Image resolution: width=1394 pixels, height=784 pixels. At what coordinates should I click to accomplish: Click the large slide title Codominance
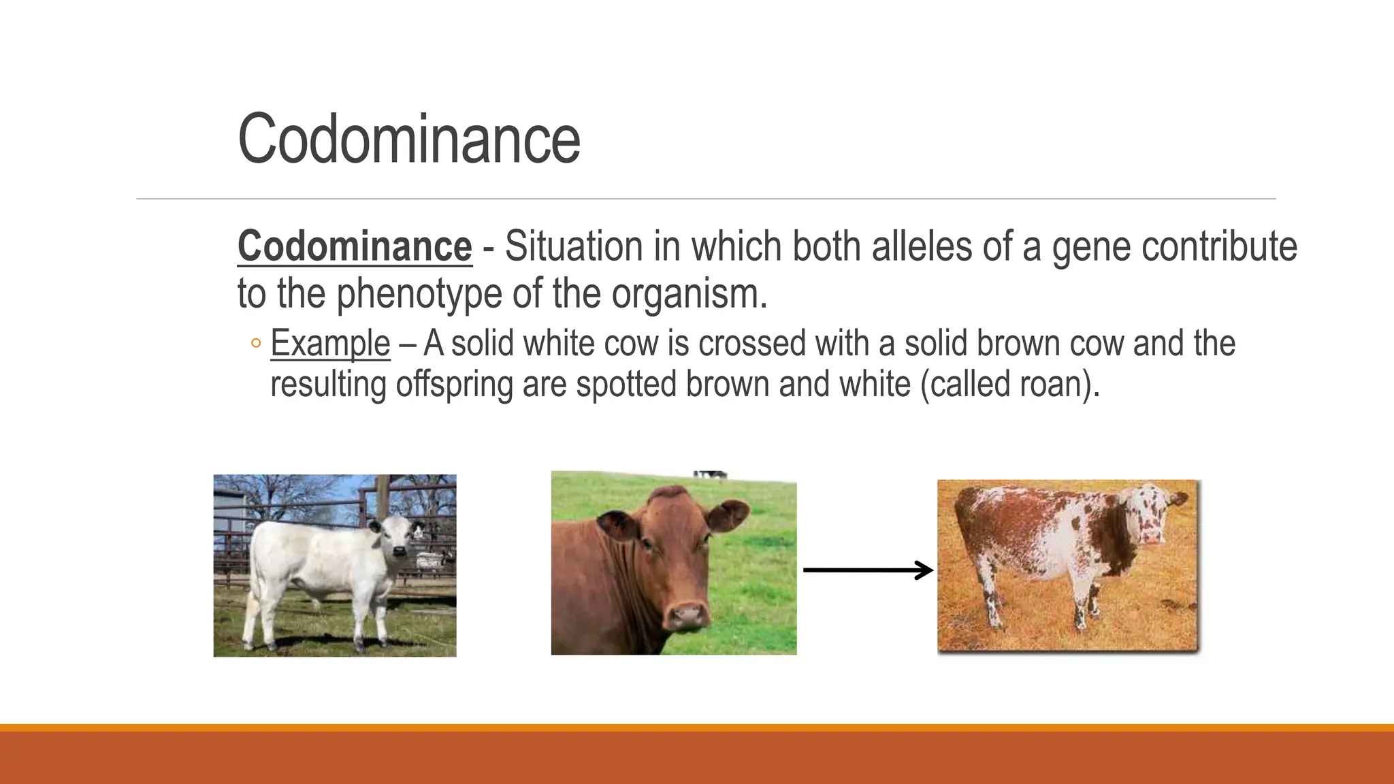coord(408,139)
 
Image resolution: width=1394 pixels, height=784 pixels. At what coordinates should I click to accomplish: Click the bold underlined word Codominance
coord(354,246)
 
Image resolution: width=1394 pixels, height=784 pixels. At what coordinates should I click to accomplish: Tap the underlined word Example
coord(330,344)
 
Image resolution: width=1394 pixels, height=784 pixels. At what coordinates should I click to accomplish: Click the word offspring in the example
coord(454,385)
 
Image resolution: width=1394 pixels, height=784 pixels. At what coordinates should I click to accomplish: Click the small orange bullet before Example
coord(255,343)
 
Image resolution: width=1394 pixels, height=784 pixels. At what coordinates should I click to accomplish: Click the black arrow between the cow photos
coord(867,570)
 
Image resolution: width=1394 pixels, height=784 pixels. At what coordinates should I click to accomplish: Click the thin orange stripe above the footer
coord(697,728)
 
